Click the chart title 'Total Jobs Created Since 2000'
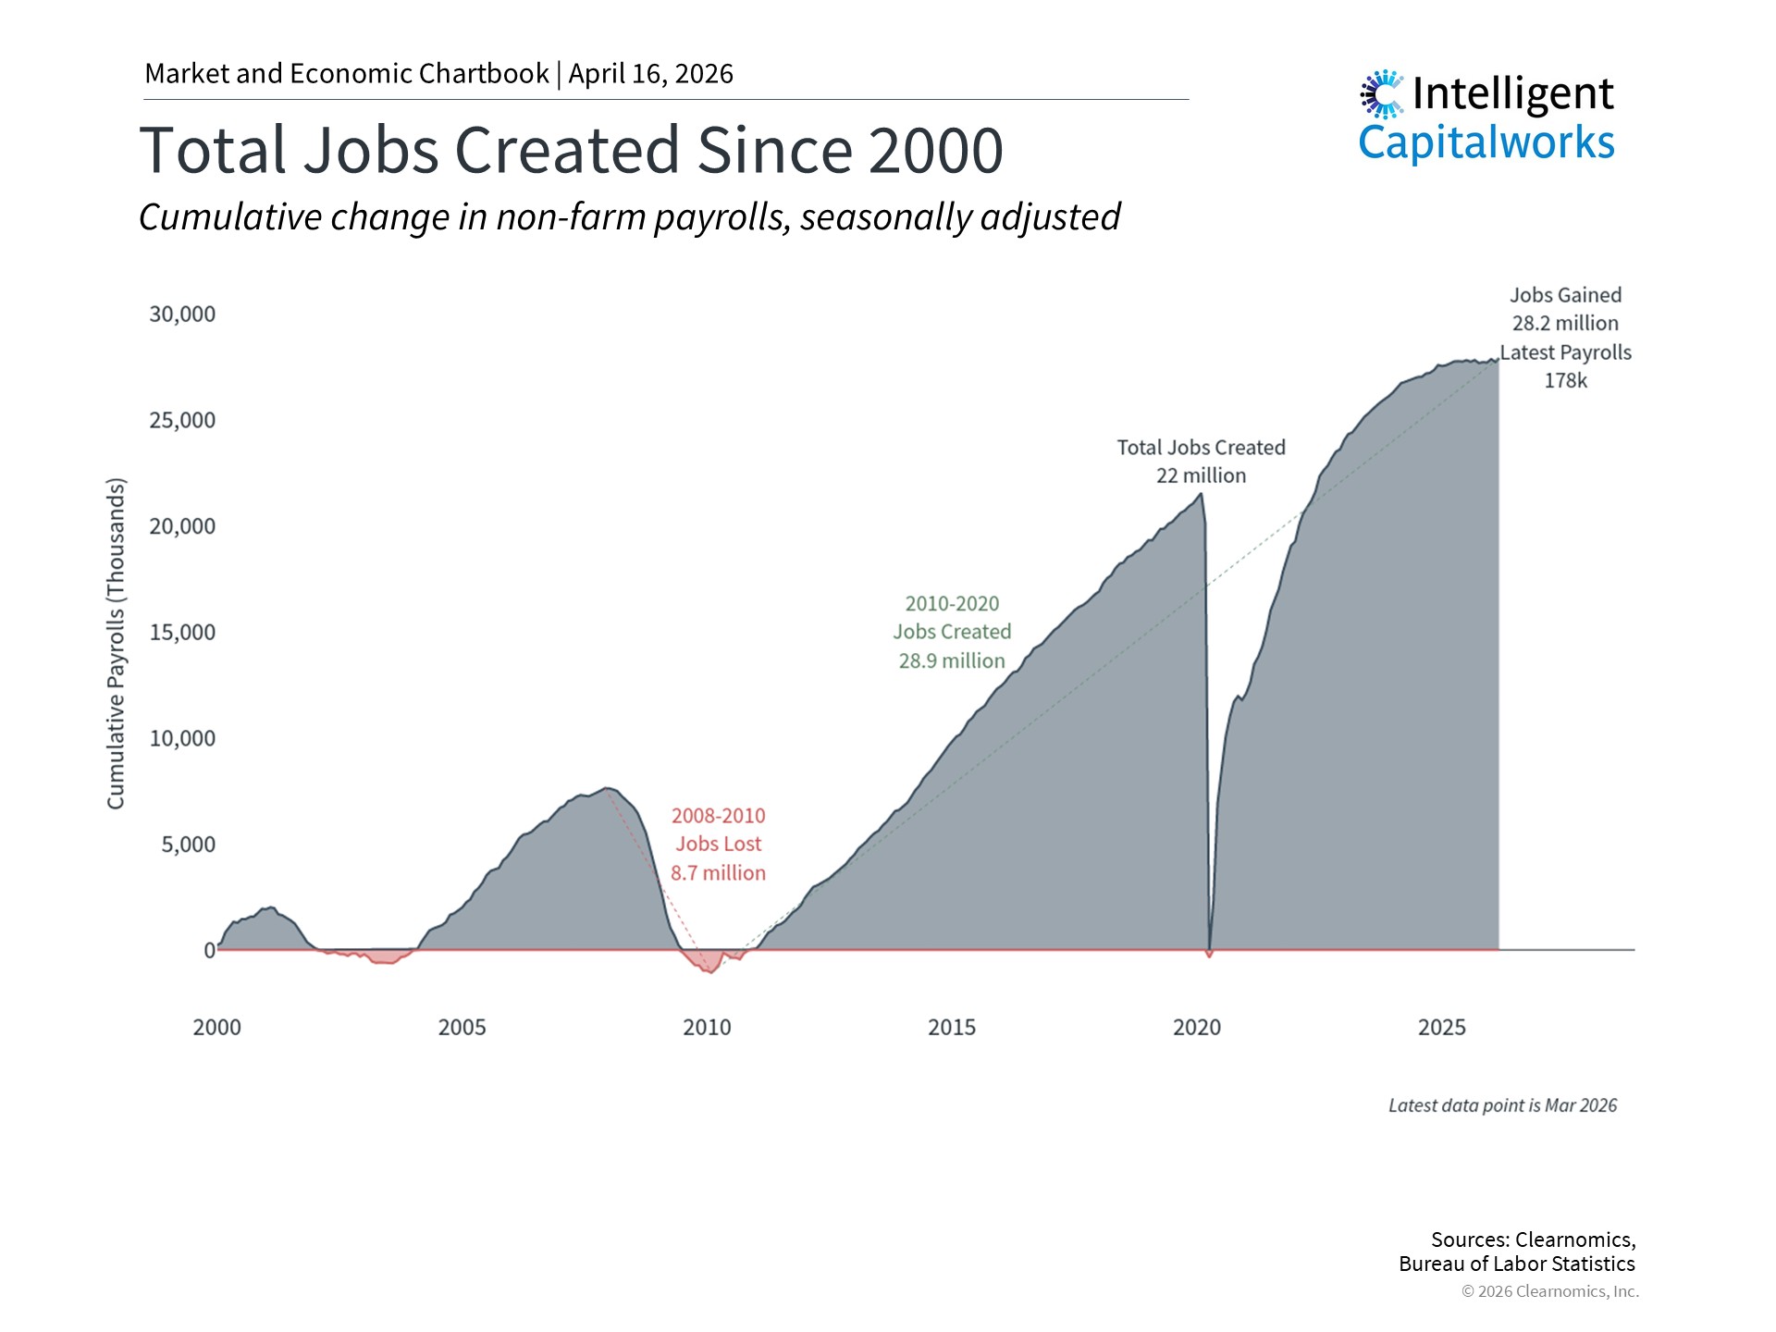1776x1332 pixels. (571, 150)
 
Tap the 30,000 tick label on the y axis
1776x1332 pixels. (182, 314)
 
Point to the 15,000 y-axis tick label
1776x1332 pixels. (182, 633)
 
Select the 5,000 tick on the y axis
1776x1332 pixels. (188, 845)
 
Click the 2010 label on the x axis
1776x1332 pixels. (707, 1028)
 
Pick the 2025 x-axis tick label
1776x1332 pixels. (1441, 1028)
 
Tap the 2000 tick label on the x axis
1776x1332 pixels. (216, 1028)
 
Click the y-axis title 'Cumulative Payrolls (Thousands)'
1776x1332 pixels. (116, 644)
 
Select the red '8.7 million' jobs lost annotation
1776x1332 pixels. (718, 873)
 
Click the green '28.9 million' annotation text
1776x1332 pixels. (952, 661)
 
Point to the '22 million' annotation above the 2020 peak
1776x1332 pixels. (1201, 475)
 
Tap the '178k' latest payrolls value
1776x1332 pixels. (1565, 381)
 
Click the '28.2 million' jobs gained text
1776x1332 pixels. (1565, 324)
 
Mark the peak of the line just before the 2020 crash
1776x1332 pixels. (1201, 494)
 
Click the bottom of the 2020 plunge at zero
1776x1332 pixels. (1209, 954)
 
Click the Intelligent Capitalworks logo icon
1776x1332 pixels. (1382, 93)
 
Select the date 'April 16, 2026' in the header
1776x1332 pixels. (650, 74)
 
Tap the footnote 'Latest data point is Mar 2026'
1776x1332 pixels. (1502, 1105)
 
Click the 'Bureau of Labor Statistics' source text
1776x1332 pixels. (1516, 1264)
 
